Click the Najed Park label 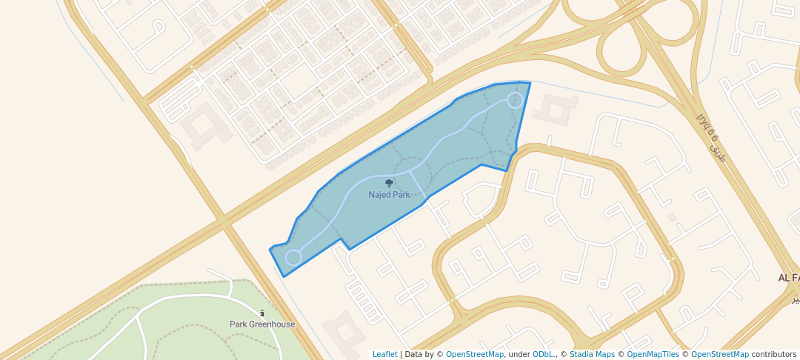[389, 195]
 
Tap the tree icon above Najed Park [389, 183]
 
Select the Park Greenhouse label [262, 324]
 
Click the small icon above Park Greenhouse [262, 313]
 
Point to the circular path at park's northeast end [515, 100]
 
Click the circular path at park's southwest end [293, 257]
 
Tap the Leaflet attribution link [384, 355]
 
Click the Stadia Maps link [592, 355]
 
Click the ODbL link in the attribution [543, 355]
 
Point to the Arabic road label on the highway [709, 137]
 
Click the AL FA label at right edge [788, 278]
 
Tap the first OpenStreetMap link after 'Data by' [474, 355]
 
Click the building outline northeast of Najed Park [556, 110]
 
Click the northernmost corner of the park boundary [530, 82]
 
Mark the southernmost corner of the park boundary [284, 277]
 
